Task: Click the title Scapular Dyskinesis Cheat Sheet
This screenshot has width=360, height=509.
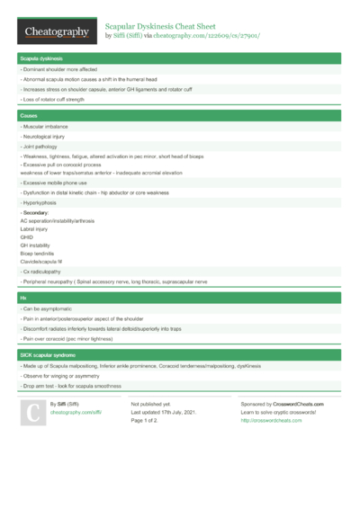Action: pyautogui.click(x=164, y=27)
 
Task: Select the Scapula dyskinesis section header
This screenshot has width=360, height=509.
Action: pyautogui.click(x=41, y=58)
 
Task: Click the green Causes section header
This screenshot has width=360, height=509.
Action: pyautogui.click(x=30, y=116)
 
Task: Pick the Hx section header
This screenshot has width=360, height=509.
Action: pyautogui.click(x=23, y=298)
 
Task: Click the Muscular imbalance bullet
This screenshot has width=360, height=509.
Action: pyautogui.click(x=49, y=129)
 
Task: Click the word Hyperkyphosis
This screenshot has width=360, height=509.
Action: pyautogui.click(x=46, y=203)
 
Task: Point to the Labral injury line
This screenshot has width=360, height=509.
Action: pyautogui.click(x=35, y=228)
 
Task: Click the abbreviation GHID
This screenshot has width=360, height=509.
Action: pyautogui.click(x=26, y=237)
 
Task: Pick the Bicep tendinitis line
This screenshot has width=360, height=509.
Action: pyautogui.click(x=39, y=254)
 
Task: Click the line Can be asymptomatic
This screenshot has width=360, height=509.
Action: pyautogui.click(x=53, y=310)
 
